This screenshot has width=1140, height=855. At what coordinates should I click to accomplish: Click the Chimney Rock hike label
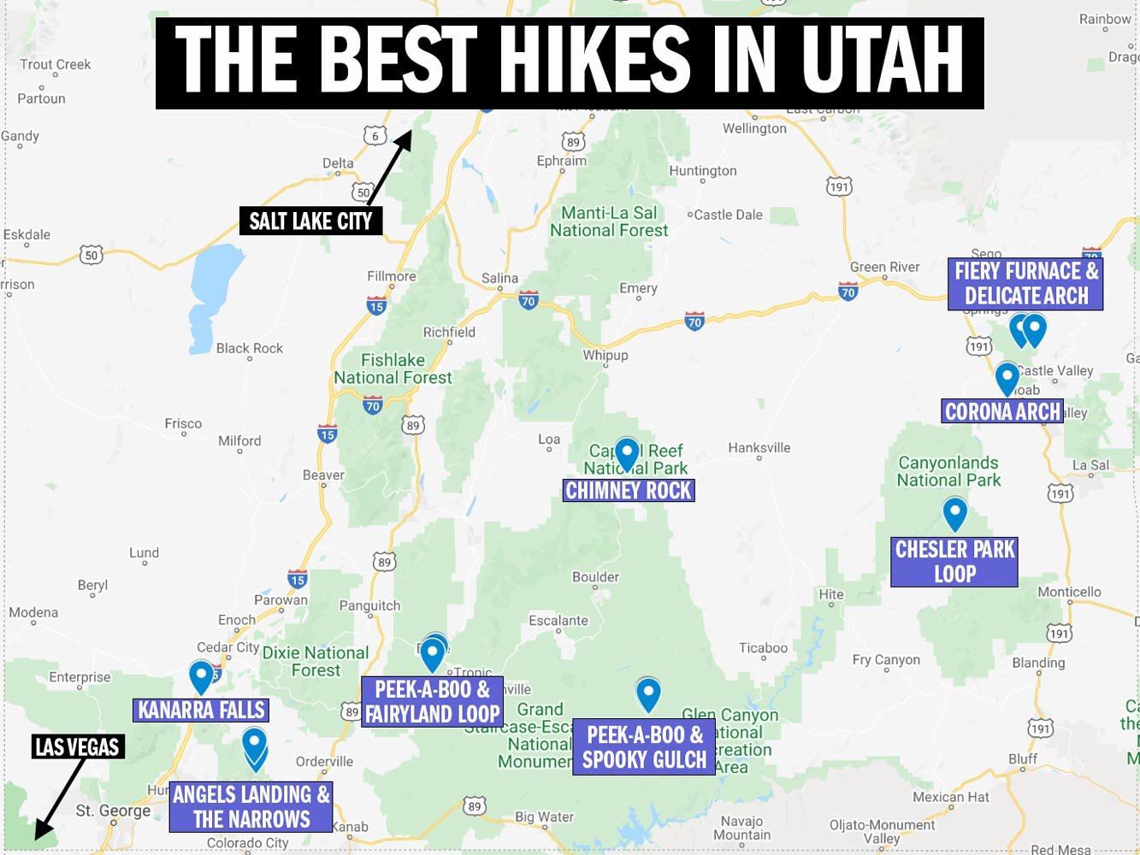[x=629, y=490]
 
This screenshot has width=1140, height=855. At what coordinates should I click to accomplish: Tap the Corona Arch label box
[x=1002, y=411]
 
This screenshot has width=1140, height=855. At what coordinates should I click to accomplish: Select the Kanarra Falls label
[x=201, y=710]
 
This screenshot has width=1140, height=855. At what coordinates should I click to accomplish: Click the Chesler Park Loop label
[x=954, y=561]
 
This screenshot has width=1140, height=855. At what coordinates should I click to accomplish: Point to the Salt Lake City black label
[x=310, y=221]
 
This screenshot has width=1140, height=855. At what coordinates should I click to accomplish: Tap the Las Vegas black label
[x=77, y=746]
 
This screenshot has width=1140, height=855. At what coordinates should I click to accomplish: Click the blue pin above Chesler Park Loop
[x=954, y=513]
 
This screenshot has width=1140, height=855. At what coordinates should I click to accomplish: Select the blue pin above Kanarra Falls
[x=201, y=676]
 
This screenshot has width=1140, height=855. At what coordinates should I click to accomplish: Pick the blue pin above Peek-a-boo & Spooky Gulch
[x=648, y=693]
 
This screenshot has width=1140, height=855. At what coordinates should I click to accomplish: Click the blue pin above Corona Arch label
[x=1007, y=378]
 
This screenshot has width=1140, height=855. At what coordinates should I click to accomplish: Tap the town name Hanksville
[x=759, y=447]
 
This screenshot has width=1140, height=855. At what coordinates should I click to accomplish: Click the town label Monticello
[x=1069, y=592]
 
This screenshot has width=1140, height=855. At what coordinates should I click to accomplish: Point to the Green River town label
[x=884, y=267]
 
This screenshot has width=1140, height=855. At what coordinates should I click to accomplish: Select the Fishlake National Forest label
[x=393, y=369]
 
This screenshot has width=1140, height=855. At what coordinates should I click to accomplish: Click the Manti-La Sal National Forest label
[x=609, y=221]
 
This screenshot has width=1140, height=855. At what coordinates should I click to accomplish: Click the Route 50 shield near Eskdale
[x=92, y=254]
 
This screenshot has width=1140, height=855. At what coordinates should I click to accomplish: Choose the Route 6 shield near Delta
[x=375, y=135]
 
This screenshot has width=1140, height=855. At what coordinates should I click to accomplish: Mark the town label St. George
[x=113, y=810]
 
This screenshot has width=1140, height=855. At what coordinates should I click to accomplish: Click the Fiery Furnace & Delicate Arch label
[x=1025, y=284]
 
